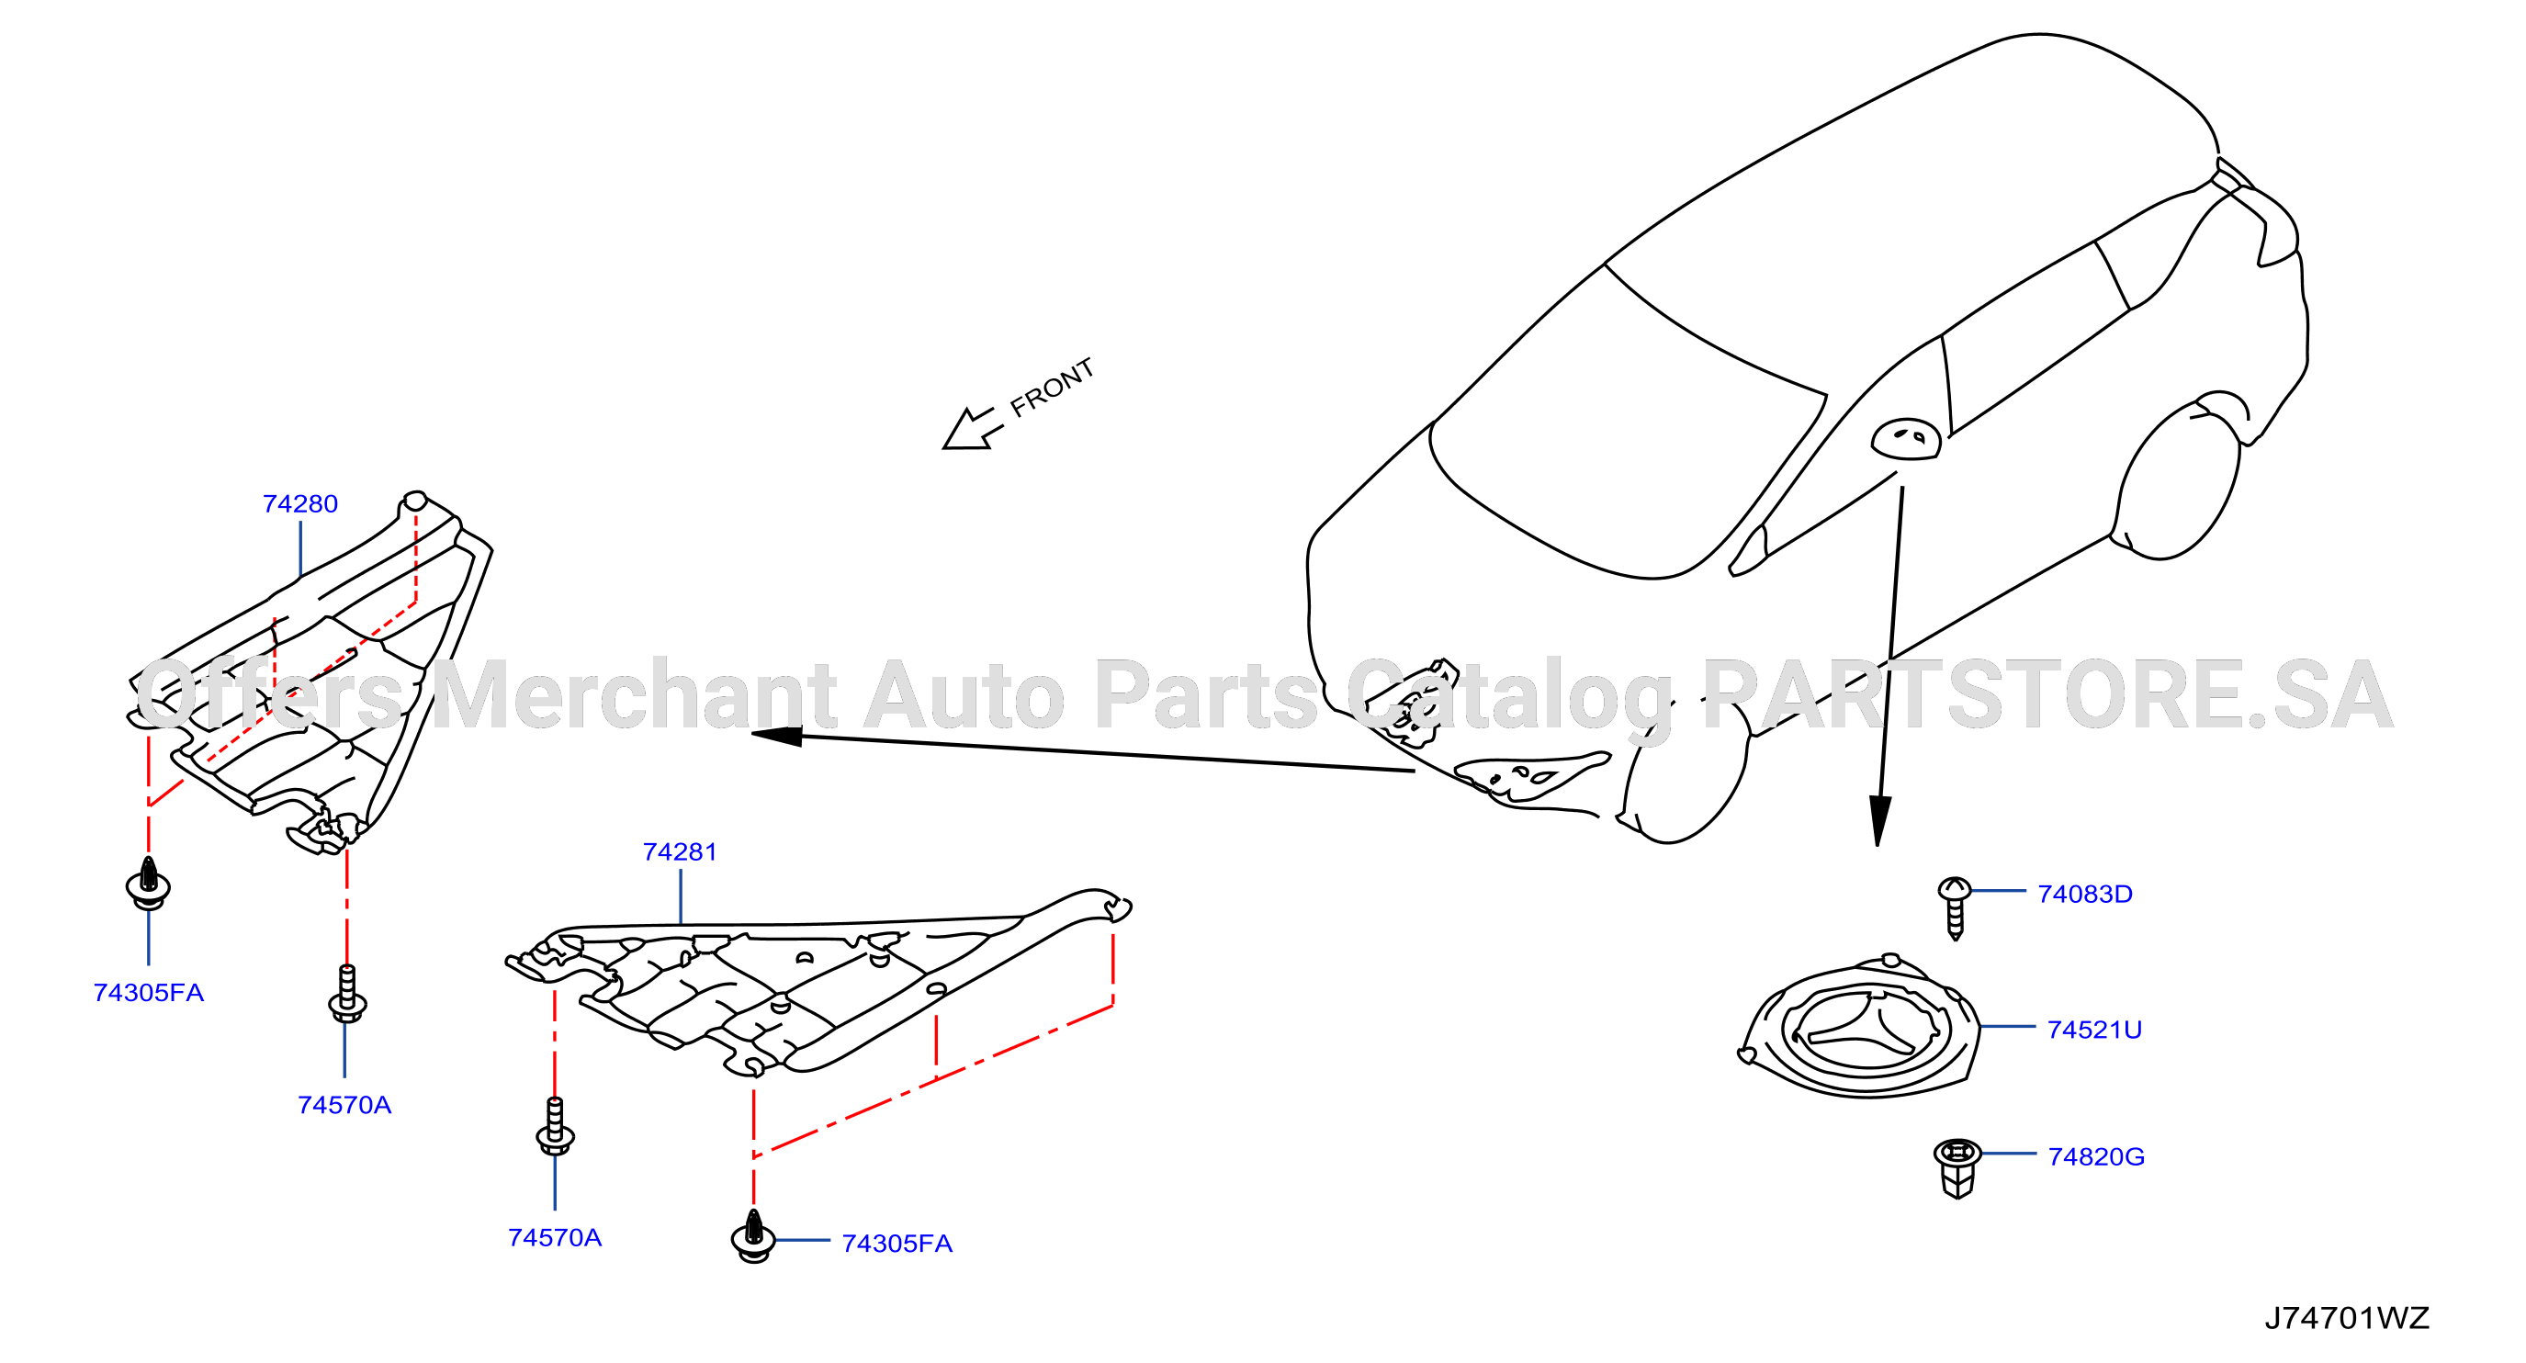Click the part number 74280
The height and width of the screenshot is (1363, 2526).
pos(300,504)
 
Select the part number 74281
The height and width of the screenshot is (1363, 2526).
pos(680,852)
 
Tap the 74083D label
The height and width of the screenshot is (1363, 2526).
pos(2085,895)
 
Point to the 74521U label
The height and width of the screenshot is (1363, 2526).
pos(2094,1030)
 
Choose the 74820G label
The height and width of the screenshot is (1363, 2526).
pos(2096,1157)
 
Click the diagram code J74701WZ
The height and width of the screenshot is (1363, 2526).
pos(2347,1318)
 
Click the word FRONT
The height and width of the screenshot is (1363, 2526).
pos(1051,387)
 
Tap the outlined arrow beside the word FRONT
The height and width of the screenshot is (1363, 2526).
pos(971,430)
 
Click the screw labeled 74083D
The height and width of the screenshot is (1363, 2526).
pos(1955,908)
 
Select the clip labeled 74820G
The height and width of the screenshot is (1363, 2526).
pos(1957,1168)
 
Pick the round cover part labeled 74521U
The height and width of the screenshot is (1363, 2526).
pos(1860,1029)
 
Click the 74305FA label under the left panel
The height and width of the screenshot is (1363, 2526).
pos(148,994)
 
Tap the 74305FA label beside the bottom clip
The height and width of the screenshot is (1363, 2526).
pos(897,1245)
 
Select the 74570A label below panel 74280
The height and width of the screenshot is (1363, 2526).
pos(344,1106)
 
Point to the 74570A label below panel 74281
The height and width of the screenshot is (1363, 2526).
pos(555,1238)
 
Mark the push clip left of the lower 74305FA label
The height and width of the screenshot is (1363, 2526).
pos(753,1236)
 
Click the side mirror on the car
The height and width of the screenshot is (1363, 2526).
pos(1905,438)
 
